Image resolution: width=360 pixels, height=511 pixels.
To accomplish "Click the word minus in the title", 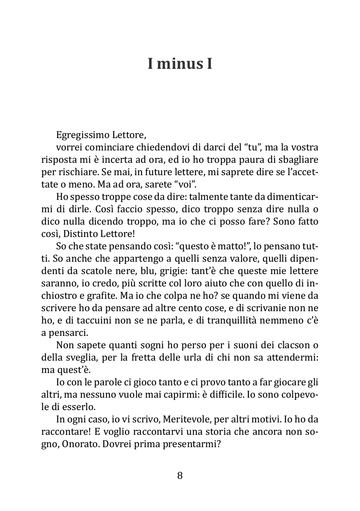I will click(177, 64).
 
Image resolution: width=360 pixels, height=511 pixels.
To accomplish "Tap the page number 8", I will click(180, 476).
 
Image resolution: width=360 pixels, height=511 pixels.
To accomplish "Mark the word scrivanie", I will click(270, 308).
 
